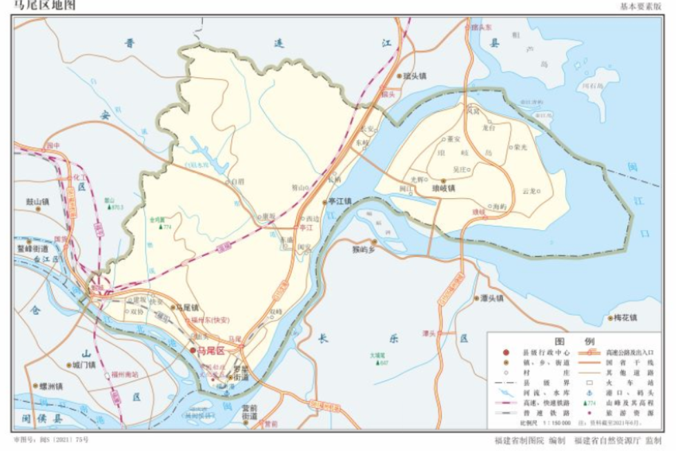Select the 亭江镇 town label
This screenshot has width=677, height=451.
pyautogui.click(x=339, y=202)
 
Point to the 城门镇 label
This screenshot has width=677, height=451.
pyautogui.click(x=84, y=365)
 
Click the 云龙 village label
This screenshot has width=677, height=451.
pyautogui.click(x=530, y=190)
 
